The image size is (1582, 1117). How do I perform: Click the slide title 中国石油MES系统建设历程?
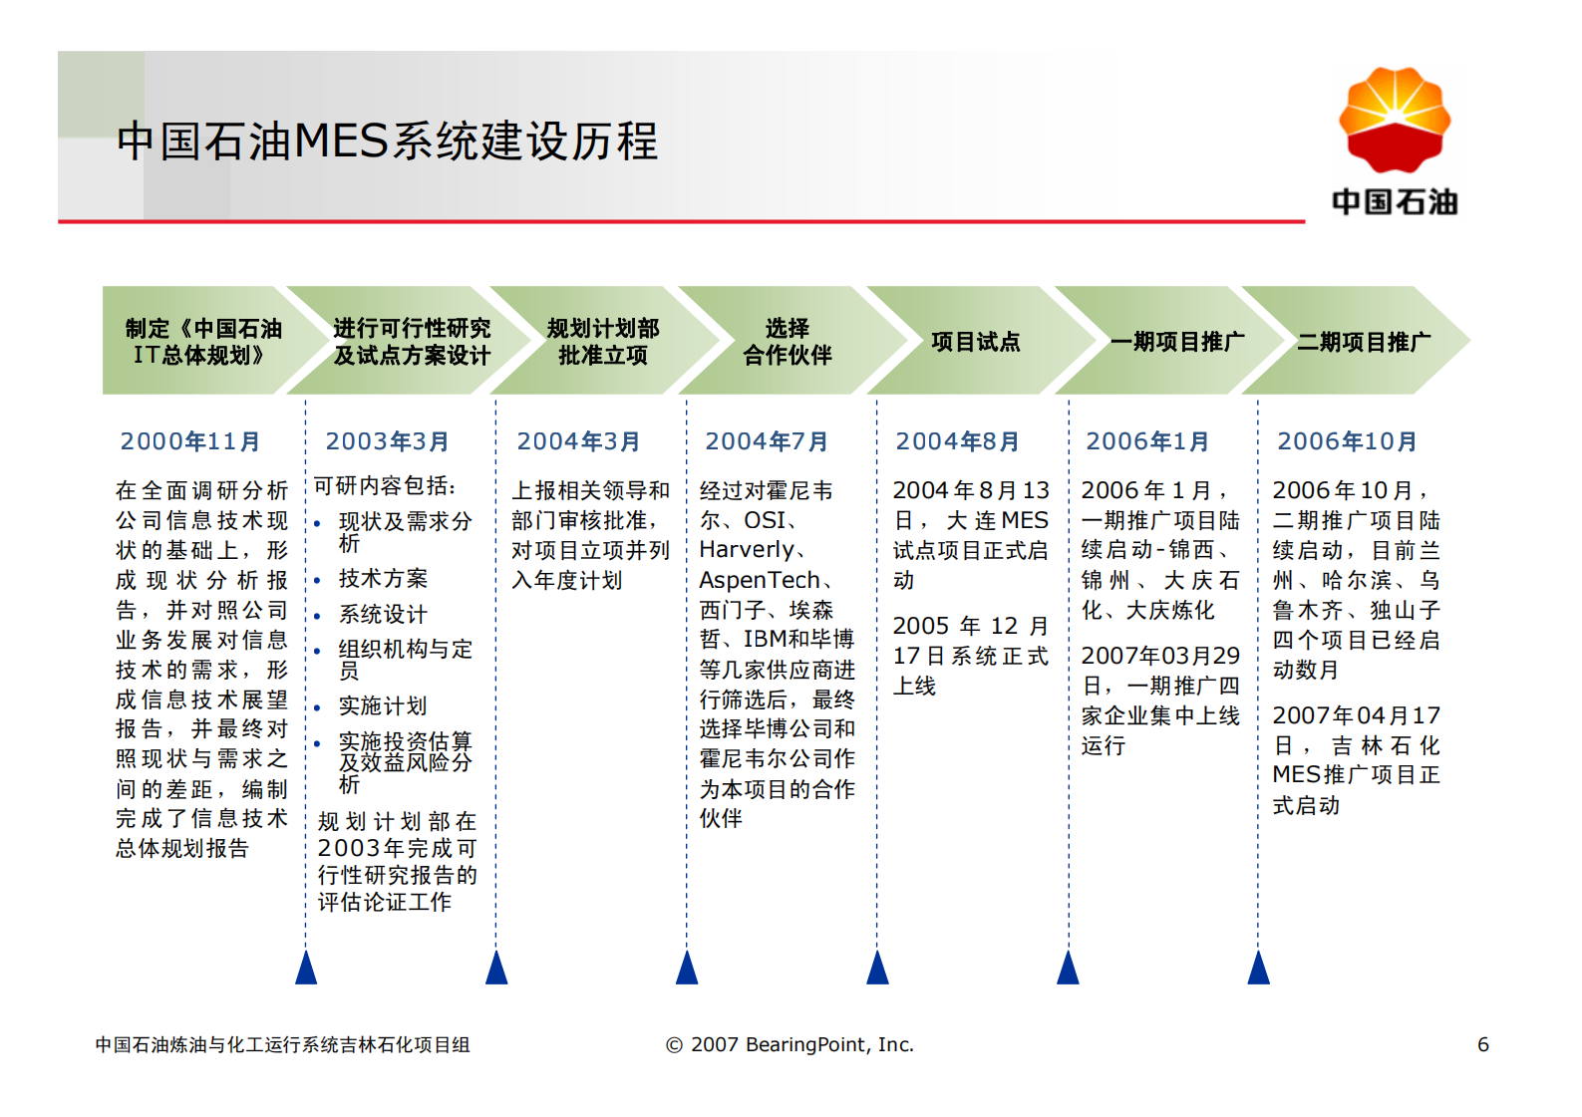tap(387, 140)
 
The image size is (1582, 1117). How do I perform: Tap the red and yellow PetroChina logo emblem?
tap(1394, 120)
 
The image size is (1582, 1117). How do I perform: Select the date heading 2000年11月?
tap(190, 441)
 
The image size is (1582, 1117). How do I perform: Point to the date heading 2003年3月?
tap(387, 441)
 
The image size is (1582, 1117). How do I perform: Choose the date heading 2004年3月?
tap(578, 441)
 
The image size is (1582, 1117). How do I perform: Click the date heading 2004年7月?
tap(767, 441)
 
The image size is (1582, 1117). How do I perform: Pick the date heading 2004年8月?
tap(957, 441)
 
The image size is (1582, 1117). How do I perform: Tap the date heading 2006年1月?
tap(1147, 441)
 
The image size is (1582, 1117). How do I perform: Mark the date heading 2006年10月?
tap(1347, 441)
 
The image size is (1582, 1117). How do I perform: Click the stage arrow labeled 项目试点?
tap(975, 342)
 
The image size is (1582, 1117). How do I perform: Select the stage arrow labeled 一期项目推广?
tap(1176, 342)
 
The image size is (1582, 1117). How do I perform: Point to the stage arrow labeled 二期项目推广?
tap(1363, 342)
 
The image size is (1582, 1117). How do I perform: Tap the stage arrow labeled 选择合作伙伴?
tap(787, 342)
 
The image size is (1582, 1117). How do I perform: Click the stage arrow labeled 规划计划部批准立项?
tap(602, 342)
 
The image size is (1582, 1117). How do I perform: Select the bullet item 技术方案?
tap(383, 579)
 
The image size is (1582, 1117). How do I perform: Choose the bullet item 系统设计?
tap(383, 614)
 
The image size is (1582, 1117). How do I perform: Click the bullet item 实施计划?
tap(383, 706)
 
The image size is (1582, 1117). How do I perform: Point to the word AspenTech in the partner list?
tap(760, 580)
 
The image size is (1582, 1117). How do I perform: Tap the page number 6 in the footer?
tap(1482, 1044)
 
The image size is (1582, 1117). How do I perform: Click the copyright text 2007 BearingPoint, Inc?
tap(790, 1044)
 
